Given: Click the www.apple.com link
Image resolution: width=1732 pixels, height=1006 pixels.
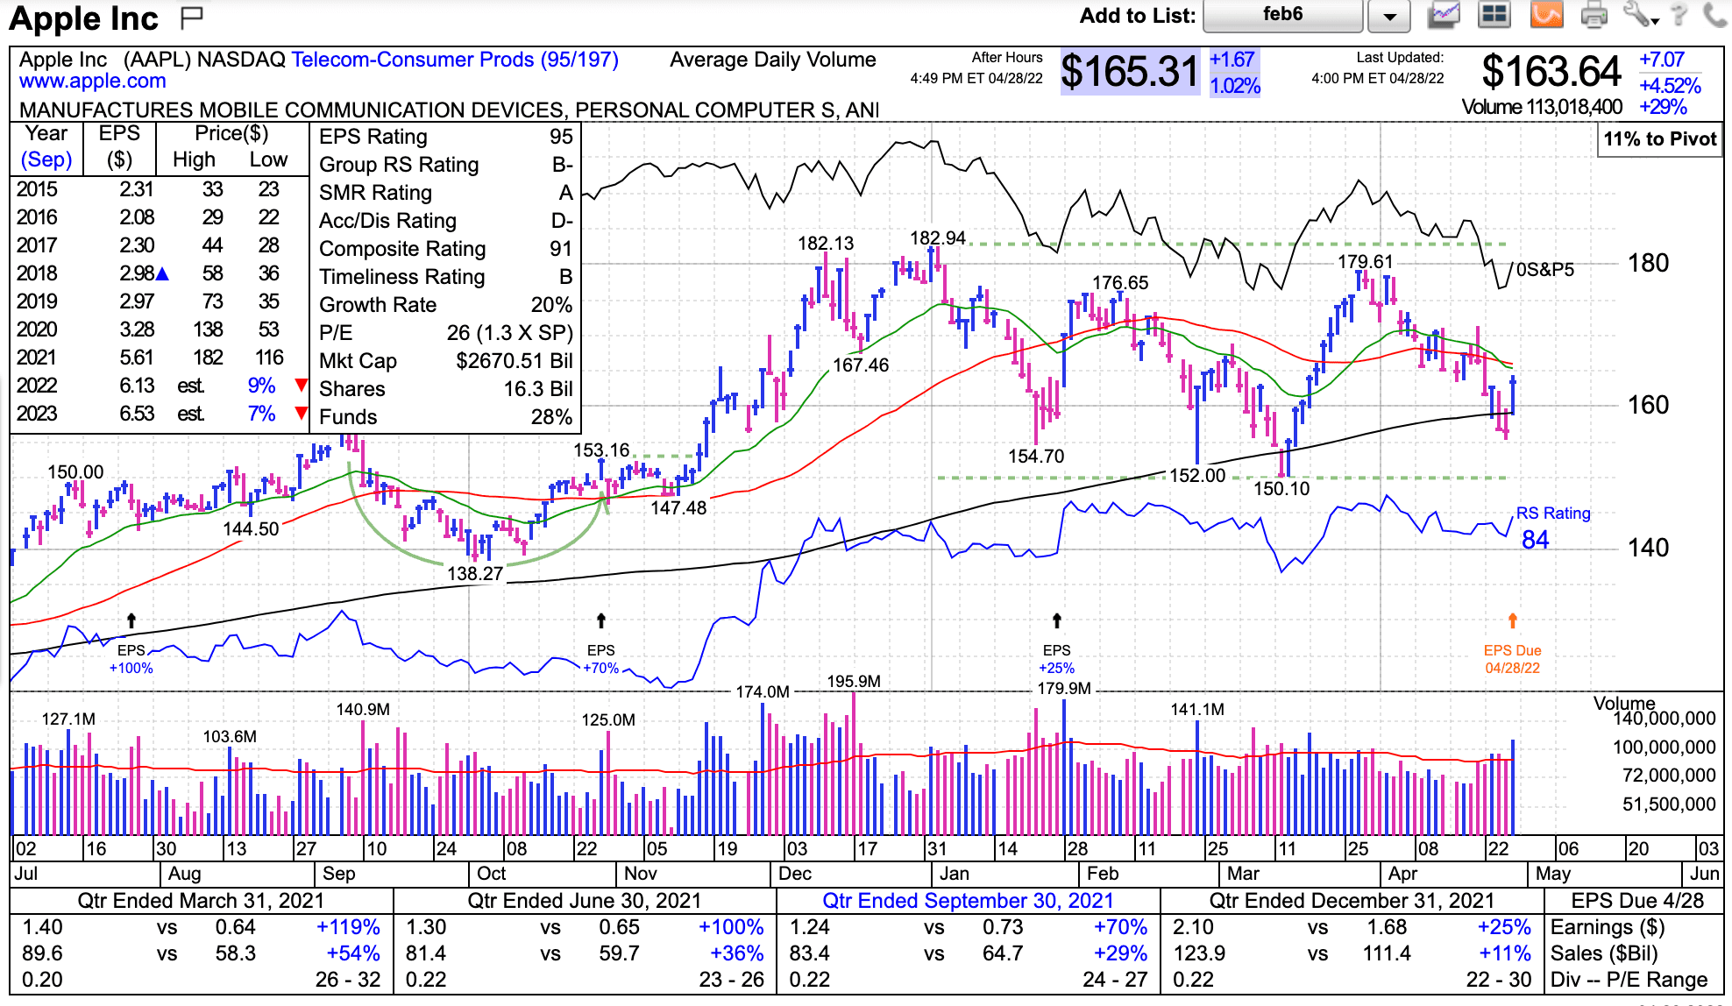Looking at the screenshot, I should [x=93, y=81].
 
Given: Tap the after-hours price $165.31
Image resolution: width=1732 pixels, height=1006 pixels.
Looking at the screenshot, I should [x=1129, y=72].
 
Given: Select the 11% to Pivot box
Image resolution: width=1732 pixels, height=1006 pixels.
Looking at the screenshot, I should [x=1659, y=139].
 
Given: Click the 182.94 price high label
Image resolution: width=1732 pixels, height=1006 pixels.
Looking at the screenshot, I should [x=937, y=238].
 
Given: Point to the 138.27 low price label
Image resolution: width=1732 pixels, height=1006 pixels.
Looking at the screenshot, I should [x=475, y=574].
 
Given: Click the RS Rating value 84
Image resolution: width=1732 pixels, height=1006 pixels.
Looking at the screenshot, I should [x=1535, y=540].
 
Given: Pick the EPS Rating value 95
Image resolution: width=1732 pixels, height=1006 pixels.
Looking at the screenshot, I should [x=561, y=137].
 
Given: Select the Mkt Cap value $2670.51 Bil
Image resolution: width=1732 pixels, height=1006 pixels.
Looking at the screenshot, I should [x=514, y=361].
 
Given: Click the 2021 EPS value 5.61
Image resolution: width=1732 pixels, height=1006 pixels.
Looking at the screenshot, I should [x=137, y=358].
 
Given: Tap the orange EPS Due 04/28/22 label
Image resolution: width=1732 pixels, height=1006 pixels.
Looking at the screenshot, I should [x=1512, y=659].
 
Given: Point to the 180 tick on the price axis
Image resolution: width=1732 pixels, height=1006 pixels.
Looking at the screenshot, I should [x=1648, y=263].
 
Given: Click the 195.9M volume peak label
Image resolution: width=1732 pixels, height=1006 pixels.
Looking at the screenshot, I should [x=853, y=682].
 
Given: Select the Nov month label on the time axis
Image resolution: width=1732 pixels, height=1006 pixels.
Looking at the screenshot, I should [x=641, y=874].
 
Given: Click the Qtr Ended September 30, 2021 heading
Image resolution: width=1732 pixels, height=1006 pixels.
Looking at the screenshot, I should [x=968, y=901].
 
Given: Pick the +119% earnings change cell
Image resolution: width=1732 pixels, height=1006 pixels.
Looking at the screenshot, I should [x=348, y=927].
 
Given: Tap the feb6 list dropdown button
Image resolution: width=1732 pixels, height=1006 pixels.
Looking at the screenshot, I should [x=1389, y=16].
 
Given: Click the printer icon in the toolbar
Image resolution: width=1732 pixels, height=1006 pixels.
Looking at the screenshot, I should [x=1594, y=15].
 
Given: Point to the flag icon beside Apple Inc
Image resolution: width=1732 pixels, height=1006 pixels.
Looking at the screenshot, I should [x=191, y=17].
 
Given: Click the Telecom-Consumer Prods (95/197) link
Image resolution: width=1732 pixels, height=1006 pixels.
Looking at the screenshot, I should [x=455, y=60].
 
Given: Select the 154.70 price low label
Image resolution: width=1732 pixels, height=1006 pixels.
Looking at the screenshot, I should [x=1036, y=457].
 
